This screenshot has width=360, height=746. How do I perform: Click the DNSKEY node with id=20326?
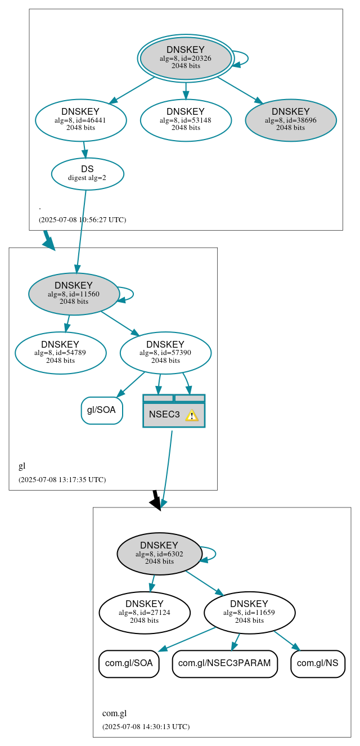(x=186, y=58)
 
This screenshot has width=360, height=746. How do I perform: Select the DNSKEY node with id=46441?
(x=80, y=120)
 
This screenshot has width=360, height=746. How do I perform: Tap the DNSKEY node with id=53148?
(x=186, y=120)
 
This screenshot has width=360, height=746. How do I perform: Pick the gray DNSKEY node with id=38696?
(x=291, y=120)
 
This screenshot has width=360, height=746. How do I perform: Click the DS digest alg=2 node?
(x=87, y=173)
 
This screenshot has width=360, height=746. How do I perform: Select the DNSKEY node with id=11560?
(x=74, y=294)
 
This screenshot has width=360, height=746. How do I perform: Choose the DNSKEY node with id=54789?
(x=60, y=353)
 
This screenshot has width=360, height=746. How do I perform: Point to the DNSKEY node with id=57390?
(x=165, y=353)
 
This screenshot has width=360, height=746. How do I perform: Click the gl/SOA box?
(x=102, y=410)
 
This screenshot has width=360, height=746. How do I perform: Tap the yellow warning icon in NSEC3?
(x=192, y=415)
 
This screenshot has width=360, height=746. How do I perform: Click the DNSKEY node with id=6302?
(x=159, y=554)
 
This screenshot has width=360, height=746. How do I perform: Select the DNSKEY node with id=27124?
(x=144, y=613)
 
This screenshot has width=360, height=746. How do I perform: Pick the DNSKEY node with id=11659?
(x=249, y=613)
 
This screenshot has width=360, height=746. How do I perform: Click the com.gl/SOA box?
(x=129, y=663)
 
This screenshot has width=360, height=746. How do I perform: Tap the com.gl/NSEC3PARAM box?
(x=224, y=663)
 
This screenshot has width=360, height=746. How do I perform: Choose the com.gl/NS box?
(x=317, y=663)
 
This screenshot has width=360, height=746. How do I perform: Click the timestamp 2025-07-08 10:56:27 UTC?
(x=82, y=220)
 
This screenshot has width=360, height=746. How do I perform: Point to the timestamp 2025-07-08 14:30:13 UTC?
(x=146, y=727)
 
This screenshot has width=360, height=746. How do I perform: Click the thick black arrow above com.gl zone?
(x=156, y=500)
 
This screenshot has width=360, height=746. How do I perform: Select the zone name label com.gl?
(x=114, y=713)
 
